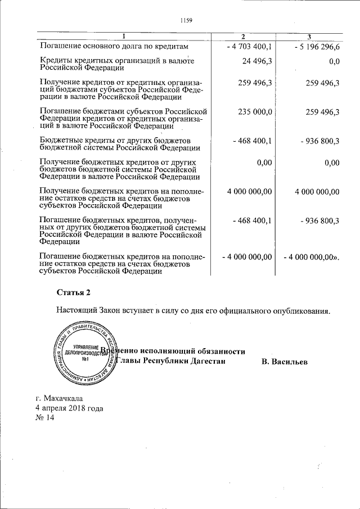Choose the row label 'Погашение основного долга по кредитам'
point(111,46)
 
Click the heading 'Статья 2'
point(73,292)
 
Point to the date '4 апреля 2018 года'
point(69,408)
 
